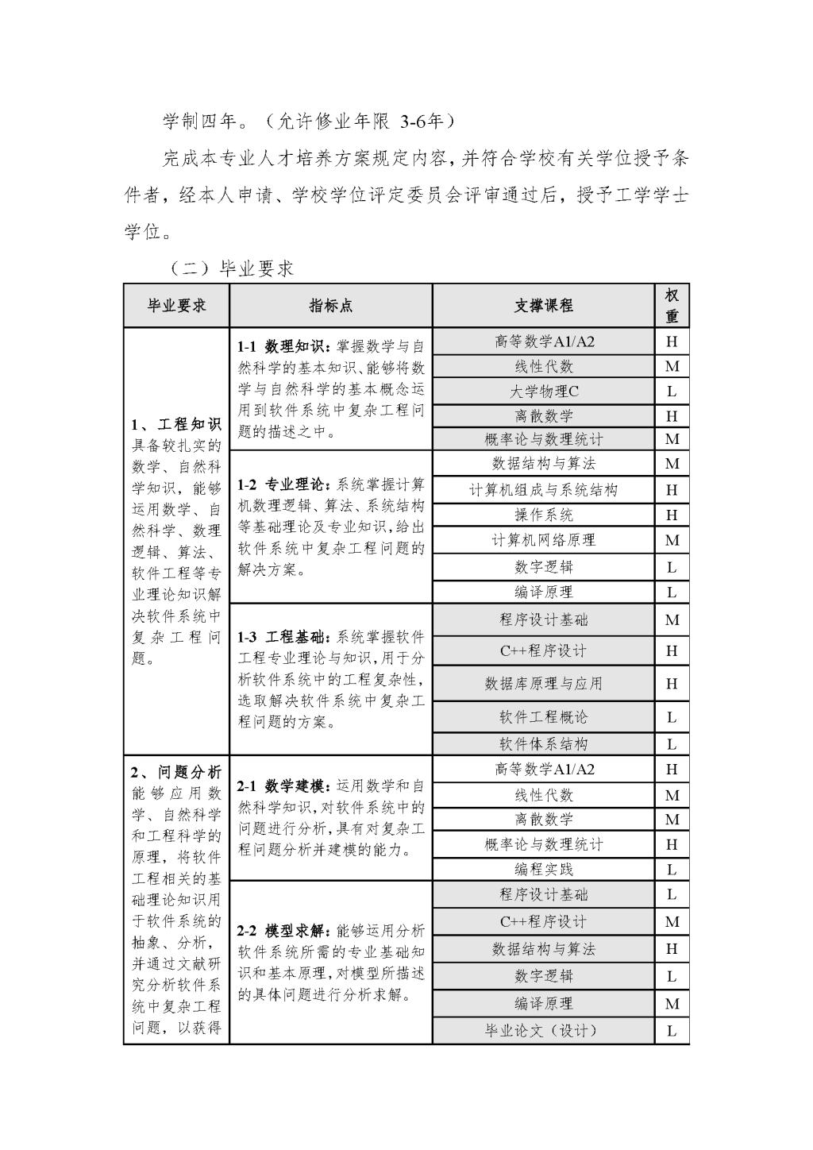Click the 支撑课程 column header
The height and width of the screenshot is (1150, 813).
coord(543,306)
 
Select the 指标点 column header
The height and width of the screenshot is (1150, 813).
coord(331,306)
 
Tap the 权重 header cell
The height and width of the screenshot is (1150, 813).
coord(672,306)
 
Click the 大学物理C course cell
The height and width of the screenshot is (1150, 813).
coord(543,391)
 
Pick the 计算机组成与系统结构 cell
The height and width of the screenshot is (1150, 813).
coord(543,490)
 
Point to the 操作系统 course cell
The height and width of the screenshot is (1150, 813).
coord(543,515)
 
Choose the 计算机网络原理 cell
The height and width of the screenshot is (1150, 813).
coord(543,540)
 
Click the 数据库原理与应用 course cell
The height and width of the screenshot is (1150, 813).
coord(543,683)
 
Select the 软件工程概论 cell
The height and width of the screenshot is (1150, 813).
coord(543,717)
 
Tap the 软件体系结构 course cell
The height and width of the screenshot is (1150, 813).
coord(543,744)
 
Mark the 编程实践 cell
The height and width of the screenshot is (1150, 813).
coord(543,869)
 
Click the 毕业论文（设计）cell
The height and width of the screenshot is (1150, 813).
coord(543,1031)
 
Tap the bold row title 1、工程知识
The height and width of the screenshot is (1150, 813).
coord(176,424)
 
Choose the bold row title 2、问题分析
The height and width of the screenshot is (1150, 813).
coord(176,772)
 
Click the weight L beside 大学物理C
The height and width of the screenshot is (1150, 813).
coord(672,391)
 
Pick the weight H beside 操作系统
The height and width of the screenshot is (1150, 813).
coord(672,515)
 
